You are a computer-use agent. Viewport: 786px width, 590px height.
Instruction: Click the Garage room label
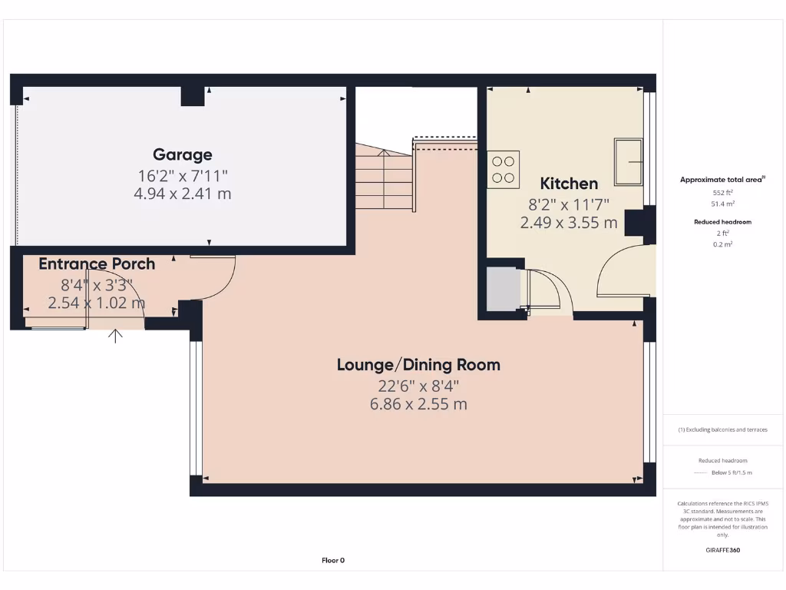coord(182,154)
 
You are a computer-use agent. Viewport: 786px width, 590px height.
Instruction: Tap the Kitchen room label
coord(569,184)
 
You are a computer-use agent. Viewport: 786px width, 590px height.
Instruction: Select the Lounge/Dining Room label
coord(418,364)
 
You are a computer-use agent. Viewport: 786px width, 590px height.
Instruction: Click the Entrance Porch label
coord(97,264)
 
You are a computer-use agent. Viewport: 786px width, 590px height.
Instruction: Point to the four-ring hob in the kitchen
coord(504,170)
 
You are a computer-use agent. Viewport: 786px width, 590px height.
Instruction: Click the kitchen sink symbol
coord(629,161)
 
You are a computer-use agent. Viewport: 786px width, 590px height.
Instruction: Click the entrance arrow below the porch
coord(116,335)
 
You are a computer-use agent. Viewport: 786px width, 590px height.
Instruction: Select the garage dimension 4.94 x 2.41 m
coord(182,194)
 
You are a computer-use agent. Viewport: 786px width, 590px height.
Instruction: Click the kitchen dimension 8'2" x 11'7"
coord(569,204)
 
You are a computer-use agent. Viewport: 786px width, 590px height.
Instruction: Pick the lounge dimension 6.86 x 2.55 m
coord(418,404)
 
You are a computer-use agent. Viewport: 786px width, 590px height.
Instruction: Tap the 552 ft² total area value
coord(722,192)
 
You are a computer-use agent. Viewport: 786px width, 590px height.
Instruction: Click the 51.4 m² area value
coord(722,204)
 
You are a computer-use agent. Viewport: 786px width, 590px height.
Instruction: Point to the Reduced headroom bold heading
coord(722,221)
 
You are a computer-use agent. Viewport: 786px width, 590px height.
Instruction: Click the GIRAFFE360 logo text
coord(722,550)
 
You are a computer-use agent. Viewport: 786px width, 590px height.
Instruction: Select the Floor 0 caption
coord(333,560)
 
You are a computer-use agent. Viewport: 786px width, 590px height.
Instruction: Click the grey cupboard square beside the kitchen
coord(503,289)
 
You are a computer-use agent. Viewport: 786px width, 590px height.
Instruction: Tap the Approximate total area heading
coord(722,179)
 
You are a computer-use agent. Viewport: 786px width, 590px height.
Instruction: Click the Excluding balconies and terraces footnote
coord(722,429)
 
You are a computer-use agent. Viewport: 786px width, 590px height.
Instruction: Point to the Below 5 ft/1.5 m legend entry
coord(730,472)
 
